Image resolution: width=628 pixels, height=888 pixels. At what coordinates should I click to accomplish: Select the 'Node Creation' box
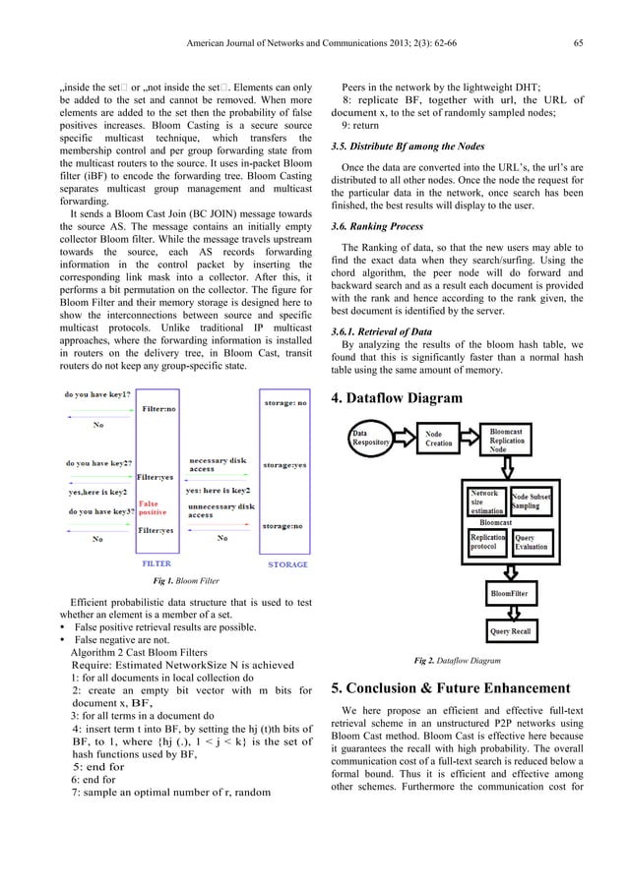pyautogui.click(x=438, y=438)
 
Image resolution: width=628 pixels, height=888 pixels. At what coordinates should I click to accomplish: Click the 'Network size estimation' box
pyautogui.click(x=487, y=502)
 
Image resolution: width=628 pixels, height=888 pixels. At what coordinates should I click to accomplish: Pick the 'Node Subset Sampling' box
pyautogui.click(x=532, y=502)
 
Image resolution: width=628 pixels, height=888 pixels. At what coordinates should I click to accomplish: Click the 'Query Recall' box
pyautogui.click(x=509, y=630)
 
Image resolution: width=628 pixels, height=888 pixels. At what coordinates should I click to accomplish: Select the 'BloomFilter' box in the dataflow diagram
pyautogui.click(x=509, y=594)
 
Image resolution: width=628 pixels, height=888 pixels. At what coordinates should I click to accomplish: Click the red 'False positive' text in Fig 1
pyautogui.click(x=153, y=508)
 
